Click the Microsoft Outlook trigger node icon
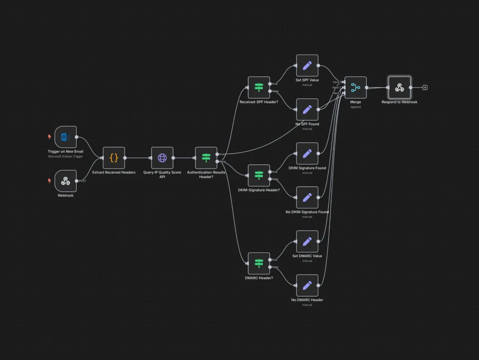pyautogui.click(x=65, y=137)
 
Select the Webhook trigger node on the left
pyautogui.click(x=65, y=181)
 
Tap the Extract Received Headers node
pyautogui.click(x=114, y=158)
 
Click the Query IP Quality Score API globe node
pyautogui.click(x=162, y=158)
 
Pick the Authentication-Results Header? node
pyautogui.click(x=206, y=158)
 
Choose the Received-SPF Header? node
pyautogui.click(x=259, y=88)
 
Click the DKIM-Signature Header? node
pyautogui.click(x=259, y=176)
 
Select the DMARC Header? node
pyautogui.click(x=259, y=264)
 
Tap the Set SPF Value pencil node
pyautogui.click(x=307, y=66)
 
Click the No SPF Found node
pyautogui.click(x=307, y=110)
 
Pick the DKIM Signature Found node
pyautogui.click(x=307, y=154)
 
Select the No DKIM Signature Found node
pyautogui.click(x=307, y=198)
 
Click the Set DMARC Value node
pyautogui.click(x=307, y=242)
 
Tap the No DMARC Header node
pyautogui.click(x=307, y=286)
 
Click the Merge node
pyautogui.click(x=356, y=88)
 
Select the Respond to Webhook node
pyautogui.click(x=399, y=88)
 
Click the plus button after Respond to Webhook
pyautogui.click(x=425, y=88)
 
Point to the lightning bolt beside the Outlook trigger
pyautogui.click(x=49, y=137)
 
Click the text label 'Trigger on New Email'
pyautogui.click(x=65, y=152)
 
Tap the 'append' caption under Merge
pyautogui.click(x=356, y=107)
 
